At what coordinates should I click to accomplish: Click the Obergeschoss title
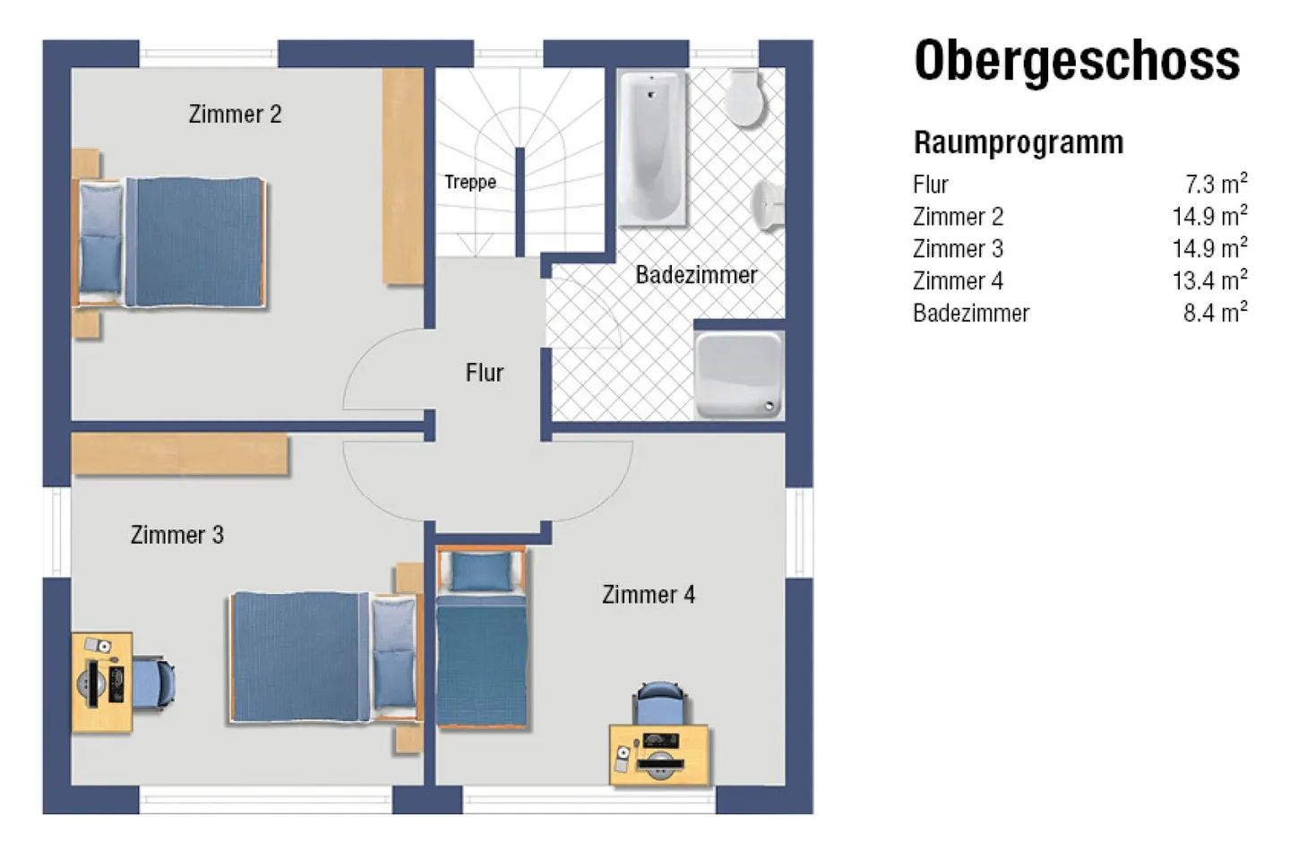(1077, 61)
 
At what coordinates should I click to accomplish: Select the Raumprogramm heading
(1018, 142)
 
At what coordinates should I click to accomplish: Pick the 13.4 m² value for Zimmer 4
(1208, 281)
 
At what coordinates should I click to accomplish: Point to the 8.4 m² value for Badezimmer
(1214, 314)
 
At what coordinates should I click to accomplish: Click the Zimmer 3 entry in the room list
(958, 249)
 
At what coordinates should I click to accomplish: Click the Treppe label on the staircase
(469, 182)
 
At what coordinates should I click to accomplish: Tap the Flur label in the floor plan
(484, 373)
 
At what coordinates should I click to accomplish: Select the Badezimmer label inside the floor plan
(696, 275)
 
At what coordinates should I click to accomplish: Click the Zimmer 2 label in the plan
(235, 115)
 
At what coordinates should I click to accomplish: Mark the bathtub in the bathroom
(652, 148)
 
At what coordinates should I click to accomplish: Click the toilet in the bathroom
(744, 99)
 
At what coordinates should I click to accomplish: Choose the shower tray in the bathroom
(738, 374)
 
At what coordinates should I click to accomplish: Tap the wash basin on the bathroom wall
(770, 205)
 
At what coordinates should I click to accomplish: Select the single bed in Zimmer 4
(481, 636)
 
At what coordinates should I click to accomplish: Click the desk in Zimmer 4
(659, 755)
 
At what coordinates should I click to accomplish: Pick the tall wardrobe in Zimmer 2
(402, 176)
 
